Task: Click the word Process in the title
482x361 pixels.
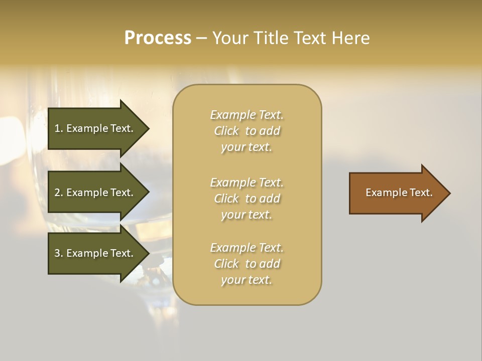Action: point(158,38)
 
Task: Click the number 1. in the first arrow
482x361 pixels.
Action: point(58,128)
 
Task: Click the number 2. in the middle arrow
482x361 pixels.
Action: point(58,193)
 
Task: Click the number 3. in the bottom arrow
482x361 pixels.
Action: point(58,253)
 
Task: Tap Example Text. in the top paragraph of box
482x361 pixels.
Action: point(247,115)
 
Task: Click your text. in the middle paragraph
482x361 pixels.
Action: point(247,215)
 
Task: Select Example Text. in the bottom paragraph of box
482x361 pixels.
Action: point(247,248)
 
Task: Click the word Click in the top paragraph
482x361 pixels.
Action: point(226,131)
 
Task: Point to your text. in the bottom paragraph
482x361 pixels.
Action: point(247,280)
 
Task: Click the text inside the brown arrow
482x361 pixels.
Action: point(399,193)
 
